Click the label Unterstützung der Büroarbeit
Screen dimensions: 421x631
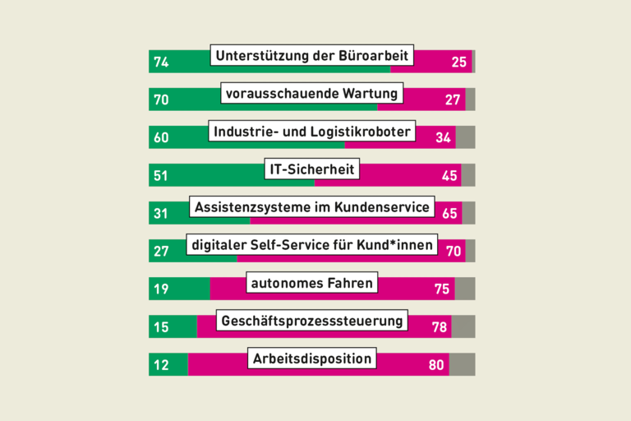pyautogui.click(x=311, y=56)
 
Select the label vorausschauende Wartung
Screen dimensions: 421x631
pyautogui.click(x=311, y=94)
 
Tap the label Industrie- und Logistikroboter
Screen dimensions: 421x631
pyautogui.click(x=311, y=132)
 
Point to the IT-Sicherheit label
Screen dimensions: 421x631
pyautogui.click(x=311, y=169)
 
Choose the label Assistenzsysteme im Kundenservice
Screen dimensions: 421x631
pyautogui.click(x=311, y=207)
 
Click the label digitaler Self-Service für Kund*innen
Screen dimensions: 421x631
pyautogui.click(x=311, y=245)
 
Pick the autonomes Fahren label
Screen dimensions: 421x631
pyautogui.click(x=311, y=284)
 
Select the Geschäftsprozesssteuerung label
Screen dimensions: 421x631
pyautogui.click(x=311, y=321)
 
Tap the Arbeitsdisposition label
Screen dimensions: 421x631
pyautogui.click(x=311, y=359)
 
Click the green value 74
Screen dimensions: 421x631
pyautogui.click(x=161, y=62)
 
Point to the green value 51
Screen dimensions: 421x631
pyautogui.click(x=161, y=175)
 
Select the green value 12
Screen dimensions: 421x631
pyautogui.click(x=161, y=364)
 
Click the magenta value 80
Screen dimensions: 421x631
pyautogui.click(x=436, y=364)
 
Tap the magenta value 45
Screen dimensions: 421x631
pyautogui.click(x=449, y=175)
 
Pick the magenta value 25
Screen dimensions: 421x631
pyautogui.click(x=459, y=62)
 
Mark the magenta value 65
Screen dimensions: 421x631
pyautogui.click(x=449, y=213)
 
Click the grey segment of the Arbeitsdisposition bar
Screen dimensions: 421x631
pyautogui.click(x=462, y=364)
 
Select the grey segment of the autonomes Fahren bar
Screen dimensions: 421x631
pyautogui.click(x=465, y=289)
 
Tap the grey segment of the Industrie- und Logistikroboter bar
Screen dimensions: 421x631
pyautogui.click(x=466, y=137)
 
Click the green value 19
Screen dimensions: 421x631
pyautogui.click(x=161, y=289)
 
